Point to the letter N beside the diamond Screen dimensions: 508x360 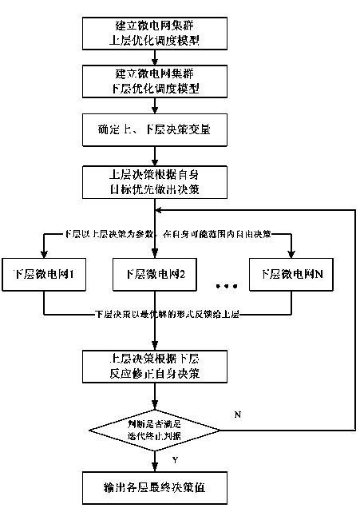[x=238, y=415]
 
